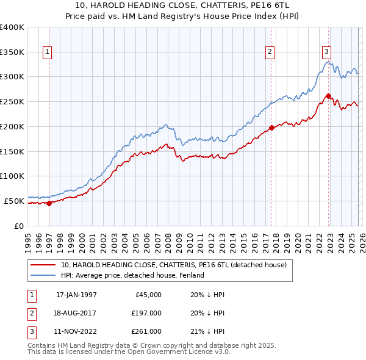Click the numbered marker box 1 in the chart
click(x=48, y=52)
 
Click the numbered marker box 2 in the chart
click(x=270, y=52)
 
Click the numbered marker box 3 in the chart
click(x=326, y=52)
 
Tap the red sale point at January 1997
click(x=49, y=204)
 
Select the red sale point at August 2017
click(x=271, y=128)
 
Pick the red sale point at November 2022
click(x=328, y=96)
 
